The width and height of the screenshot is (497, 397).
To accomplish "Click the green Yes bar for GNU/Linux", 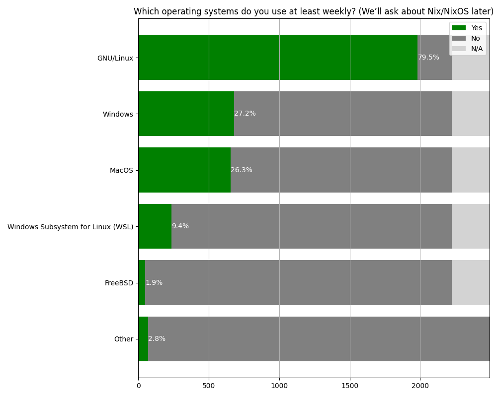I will [278, 57].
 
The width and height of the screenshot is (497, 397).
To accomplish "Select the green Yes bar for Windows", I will [186, 114].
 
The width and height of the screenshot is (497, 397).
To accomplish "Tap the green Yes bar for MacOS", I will [184, 170].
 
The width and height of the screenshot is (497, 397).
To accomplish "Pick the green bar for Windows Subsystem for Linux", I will [155, 226].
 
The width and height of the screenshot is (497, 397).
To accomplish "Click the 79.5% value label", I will [428, 58].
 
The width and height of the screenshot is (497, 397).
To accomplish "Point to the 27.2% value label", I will [245, 114].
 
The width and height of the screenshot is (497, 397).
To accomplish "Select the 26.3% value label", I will [242, 170].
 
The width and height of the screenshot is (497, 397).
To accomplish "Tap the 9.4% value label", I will [180, 226].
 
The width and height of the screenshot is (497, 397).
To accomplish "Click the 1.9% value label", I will [154, 283].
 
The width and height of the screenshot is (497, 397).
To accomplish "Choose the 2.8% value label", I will [157, 339].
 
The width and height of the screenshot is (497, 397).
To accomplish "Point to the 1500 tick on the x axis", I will [350, 384].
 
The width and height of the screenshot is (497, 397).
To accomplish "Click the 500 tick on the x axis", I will [209, 384].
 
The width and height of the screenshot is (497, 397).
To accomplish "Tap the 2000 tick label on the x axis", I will [420, 384].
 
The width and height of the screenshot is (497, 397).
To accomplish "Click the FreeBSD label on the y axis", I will [119, 283].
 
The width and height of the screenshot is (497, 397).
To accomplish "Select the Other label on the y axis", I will [124, 339].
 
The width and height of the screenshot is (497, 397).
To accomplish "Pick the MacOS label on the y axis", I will [121, 170].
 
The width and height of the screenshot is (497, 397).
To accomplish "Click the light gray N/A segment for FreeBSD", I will [471, 282].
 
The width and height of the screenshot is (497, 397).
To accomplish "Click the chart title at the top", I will [313, 11].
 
